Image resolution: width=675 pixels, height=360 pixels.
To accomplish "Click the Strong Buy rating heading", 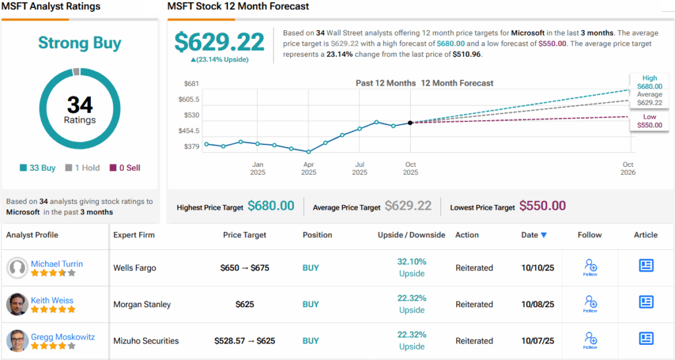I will tap(80, 44).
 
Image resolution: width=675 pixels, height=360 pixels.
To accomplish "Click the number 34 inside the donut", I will tap(80, 105).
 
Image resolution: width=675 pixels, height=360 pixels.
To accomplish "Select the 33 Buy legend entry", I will tap(38, 168).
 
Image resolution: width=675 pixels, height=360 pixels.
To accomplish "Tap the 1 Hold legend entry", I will tap(83, 168).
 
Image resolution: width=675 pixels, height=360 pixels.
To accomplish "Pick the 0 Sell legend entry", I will tap(125, 168).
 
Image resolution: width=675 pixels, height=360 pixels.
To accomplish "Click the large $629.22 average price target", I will tap(220, 42).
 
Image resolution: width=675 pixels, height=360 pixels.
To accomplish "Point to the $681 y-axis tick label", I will tap(192, 84).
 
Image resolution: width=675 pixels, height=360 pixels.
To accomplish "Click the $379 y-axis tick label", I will tap(192, 146).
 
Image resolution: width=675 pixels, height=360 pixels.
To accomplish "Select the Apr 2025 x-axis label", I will tap(308, 169).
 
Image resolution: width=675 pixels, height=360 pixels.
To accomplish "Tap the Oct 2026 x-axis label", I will tap(628, 169).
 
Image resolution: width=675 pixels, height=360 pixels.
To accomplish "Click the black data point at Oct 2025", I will tap(410, 123).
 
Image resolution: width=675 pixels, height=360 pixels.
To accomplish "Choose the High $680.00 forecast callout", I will tap(649, 82).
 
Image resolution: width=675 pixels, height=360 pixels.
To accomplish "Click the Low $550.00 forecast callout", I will tap(649, 121).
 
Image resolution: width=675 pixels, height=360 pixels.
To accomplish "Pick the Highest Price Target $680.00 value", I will tap(271, 206).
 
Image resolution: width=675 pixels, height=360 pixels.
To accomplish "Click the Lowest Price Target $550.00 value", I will tap(543, 206).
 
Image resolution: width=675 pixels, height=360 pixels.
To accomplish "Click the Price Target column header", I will tap(245, 235).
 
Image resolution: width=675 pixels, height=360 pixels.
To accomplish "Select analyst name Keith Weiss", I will tap(52, 301).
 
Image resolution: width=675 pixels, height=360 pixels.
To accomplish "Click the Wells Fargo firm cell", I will tap(134, 268).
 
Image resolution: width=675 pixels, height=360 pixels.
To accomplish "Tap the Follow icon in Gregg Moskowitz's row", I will tap(590, 340).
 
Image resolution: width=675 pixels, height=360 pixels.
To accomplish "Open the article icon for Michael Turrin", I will tap(646, 266).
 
